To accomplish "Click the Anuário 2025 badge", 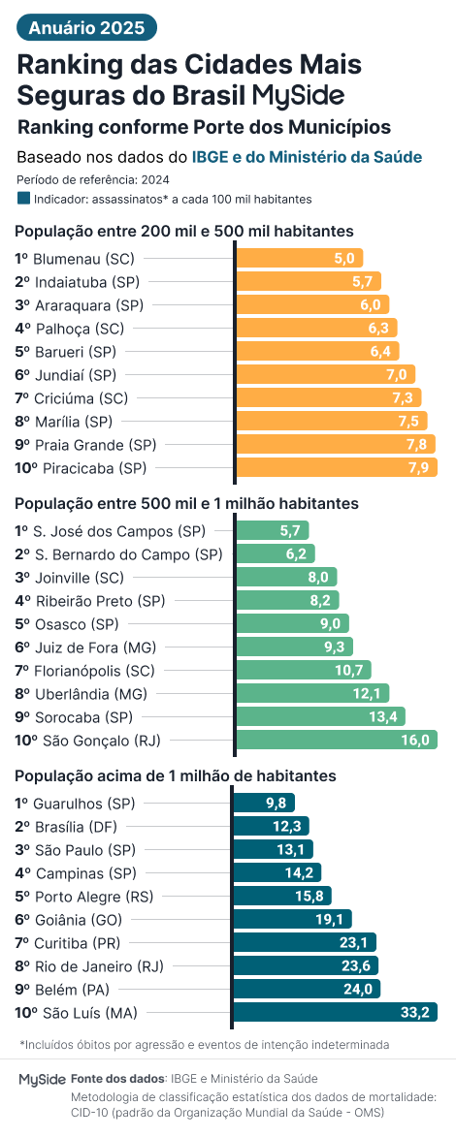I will pyautogui.click(x=86, y=28).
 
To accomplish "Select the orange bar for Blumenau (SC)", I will pyautogui.click(x=299, y=258).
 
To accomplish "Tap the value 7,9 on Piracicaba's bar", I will pyautogui.click(x=418, y=468).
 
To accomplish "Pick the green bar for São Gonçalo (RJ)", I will pyautogui.click(x=335, y=741).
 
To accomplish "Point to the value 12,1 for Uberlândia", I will pyautogui.click(x=368, y=694).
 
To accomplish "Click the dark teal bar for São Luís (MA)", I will pyautogui.click(x=335, y=1013).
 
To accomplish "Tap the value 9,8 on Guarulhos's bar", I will pyautogui.click(x=276, y=804).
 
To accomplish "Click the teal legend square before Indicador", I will pyautogui.click(x=23, y=199).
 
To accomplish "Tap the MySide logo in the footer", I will pyautogui.click(x=42, y=1079).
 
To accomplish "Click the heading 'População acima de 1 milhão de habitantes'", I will pyautogui.click(x=176, y=776).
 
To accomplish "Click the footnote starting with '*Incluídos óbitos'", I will pyautogui.click(x=204, y=1044).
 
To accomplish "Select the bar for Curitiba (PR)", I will pyautogui.click(x=305, y=943).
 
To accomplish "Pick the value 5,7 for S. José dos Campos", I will pyautogui.click(x=290, y=531).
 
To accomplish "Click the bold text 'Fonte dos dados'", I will pyautogui.click(x=117, y=1079).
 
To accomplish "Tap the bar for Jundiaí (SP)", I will pyautogui.click(x=324, y=374).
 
